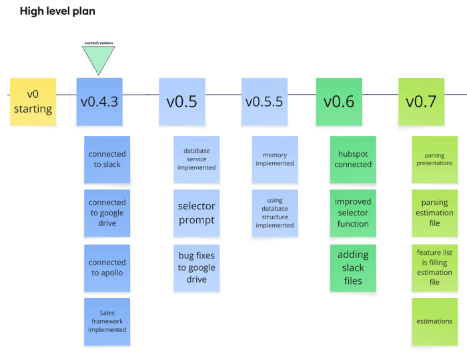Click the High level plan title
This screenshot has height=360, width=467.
[x=57, y=11]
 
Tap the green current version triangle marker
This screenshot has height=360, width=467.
[x=99, y=59]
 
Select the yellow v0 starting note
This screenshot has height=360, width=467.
[x=33, y=102]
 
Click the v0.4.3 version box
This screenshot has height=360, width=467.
[x=99, y=102]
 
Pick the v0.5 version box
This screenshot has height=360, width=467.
[x=181, y=102]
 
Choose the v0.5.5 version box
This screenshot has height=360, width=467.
[x=264, y=102]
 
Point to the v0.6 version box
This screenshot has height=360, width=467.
[x=339, y=102]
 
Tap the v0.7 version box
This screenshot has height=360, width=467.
[x=421, y=102]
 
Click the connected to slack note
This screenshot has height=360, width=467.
[x=107, y=159]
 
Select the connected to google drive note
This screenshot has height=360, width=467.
[x=107, y=213]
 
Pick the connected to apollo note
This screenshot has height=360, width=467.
[x=107, y=267]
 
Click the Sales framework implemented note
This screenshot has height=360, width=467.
[x=107, y=321]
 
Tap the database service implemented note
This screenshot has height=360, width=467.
[x=196, y=159]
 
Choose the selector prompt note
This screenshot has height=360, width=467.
[x=196, y=213]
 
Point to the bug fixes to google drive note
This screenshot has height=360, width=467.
[x=196, y=267]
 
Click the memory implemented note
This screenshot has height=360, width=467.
[x=275, y=159]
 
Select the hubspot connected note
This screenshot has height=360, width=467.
[x=353, y=159]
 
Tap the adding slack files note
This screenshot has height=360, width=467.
[x=353, y=267]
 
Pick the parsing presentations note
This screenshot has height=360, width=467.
[x=434, y=159]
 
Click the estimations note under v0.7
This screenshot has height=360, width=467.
[x=434, y=321]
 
